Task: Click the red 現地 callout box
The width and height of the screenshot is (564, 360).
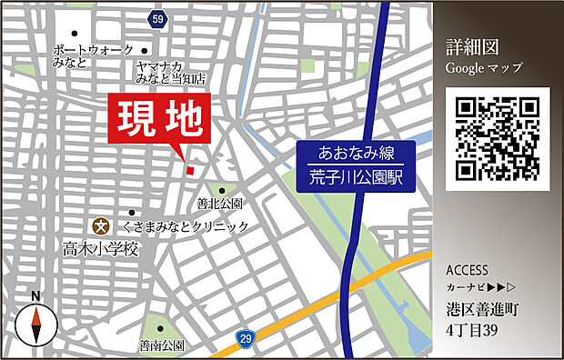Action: click(x=159, y=119)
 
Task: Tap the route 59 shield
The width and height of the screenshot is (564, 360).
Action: click(x=158, y=17)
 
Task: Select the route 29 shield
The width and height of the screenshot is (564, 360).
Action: click(x=246, y=339)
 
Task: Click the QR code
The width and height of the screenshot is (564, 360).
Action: click(x=499, y=136)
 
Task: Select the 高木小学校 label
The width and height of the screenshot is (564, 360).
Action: click(x=100, y=247)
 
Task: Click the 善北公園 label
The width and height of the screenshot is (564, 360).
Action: click(x=219, y=202)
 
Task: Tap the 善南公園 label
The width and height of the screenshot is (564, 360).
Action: click(x=162, y=345)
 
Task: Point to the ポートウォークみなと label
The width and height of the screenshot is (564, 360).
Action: click(x=93, y=55)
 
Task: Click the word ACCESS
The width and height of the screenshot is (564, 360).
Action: click(x=468, y=271)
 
